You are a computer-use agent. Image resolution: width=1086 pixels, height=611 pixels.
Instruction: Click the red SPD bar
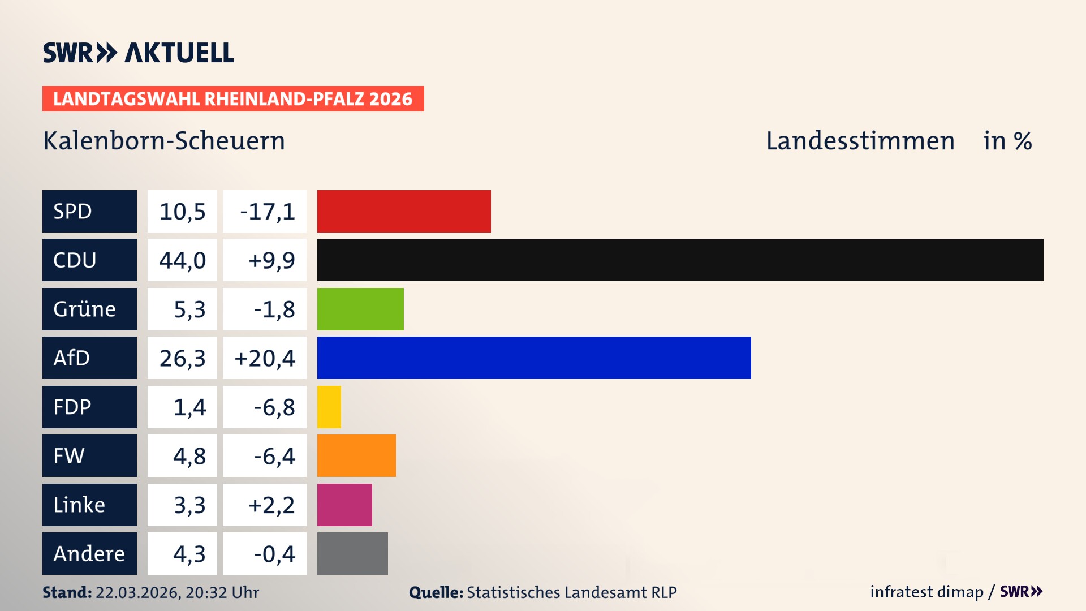tap(404, 211)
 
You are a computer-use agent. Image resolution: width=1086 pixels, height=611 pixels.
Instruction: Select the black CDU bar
tap(680, 260)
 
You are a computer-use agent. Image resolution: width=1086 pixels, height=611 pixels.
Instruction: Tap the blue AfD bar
tap(534, 358)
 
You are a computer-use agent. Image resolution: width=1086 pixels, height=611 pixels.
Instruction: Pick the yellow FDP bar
tap(329, 407)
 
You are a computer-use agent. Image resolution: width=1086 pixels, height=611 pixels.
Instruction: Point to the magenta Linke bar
tap(344, 505)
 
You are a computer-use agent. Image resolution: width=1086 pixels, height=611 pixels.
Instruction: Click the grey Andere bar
tap(352, 553)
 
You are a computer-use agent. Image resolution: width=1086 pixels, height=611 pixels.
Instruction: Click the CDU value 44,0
tap(182, 260)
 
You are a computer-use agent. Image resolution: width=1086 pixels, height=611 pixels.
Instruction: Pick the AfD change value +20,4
tap(265, 358)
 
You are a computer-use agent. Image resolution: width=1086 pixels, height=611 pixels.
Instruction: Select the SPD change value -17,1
tap(267, 212)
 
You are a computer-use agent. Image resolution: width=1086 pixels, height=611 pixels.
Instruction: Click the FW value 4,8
tap(189, 456)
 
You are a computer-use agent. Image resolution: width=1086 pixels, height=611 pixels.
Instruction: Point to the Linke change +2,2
tap(271, 505)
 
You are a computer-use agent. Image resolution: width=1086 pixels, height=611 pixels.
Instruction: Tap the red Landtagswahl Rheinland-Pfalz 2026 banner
tap(233, 99)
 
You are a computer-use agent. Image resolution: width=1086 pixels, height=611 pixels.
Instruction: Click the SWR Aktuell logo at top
tap(139, 53)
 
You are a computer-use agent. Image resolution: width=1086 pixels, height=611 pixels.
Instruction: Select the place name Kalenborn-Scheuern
tap(164, 141)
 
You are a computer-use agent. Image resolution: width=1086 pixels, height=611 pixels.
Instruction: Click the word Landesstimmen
tap(860, 141)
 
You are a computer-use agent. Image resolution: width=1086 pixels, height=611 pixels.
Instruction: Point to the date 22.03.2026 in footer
tap(137, 592)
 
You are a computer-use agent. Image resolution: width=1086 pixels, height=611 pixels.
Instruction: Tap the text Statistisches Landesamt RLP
tap(571, 592)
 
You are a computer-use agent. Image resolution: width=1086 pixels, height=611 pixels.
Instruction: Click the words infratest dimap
tap(926, 592)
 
